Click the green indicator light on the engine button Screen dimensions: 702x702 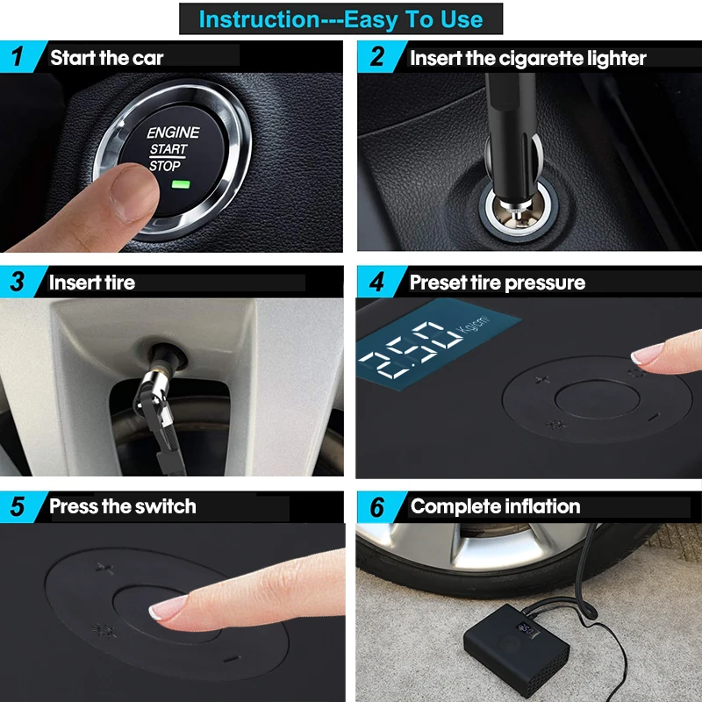pyautogui.click(x=181, y=184)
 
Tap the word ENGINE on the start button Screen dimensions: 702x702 pyautogui.click(x=173, y=133)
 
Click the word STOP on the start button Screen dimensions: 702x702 pyautogui.click(x=165, y=166)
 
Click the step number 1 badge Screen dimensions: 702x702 pyautogui.click(x=18, y=57)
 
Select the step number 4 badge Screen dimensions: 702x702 pyautogui.click(x=377, y=282)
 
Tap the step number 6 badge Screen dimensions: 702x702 pyautogui.click(x=377, y=507)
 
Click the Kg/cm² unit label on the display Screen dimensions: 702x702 pyautogui.click(x=472, y=323)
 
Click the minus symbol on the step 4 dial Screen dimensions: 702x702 pyautogui.click(x=654, y=417)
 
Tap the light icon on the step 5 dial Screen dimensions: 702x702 pyautogui.click(x=104, y=631)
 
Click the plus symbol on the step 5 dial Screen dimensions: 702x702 pyautogui.click(x=104, y=569)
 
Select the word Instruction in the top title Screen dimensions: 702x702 pyautogui.click(x=259, y=19)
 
